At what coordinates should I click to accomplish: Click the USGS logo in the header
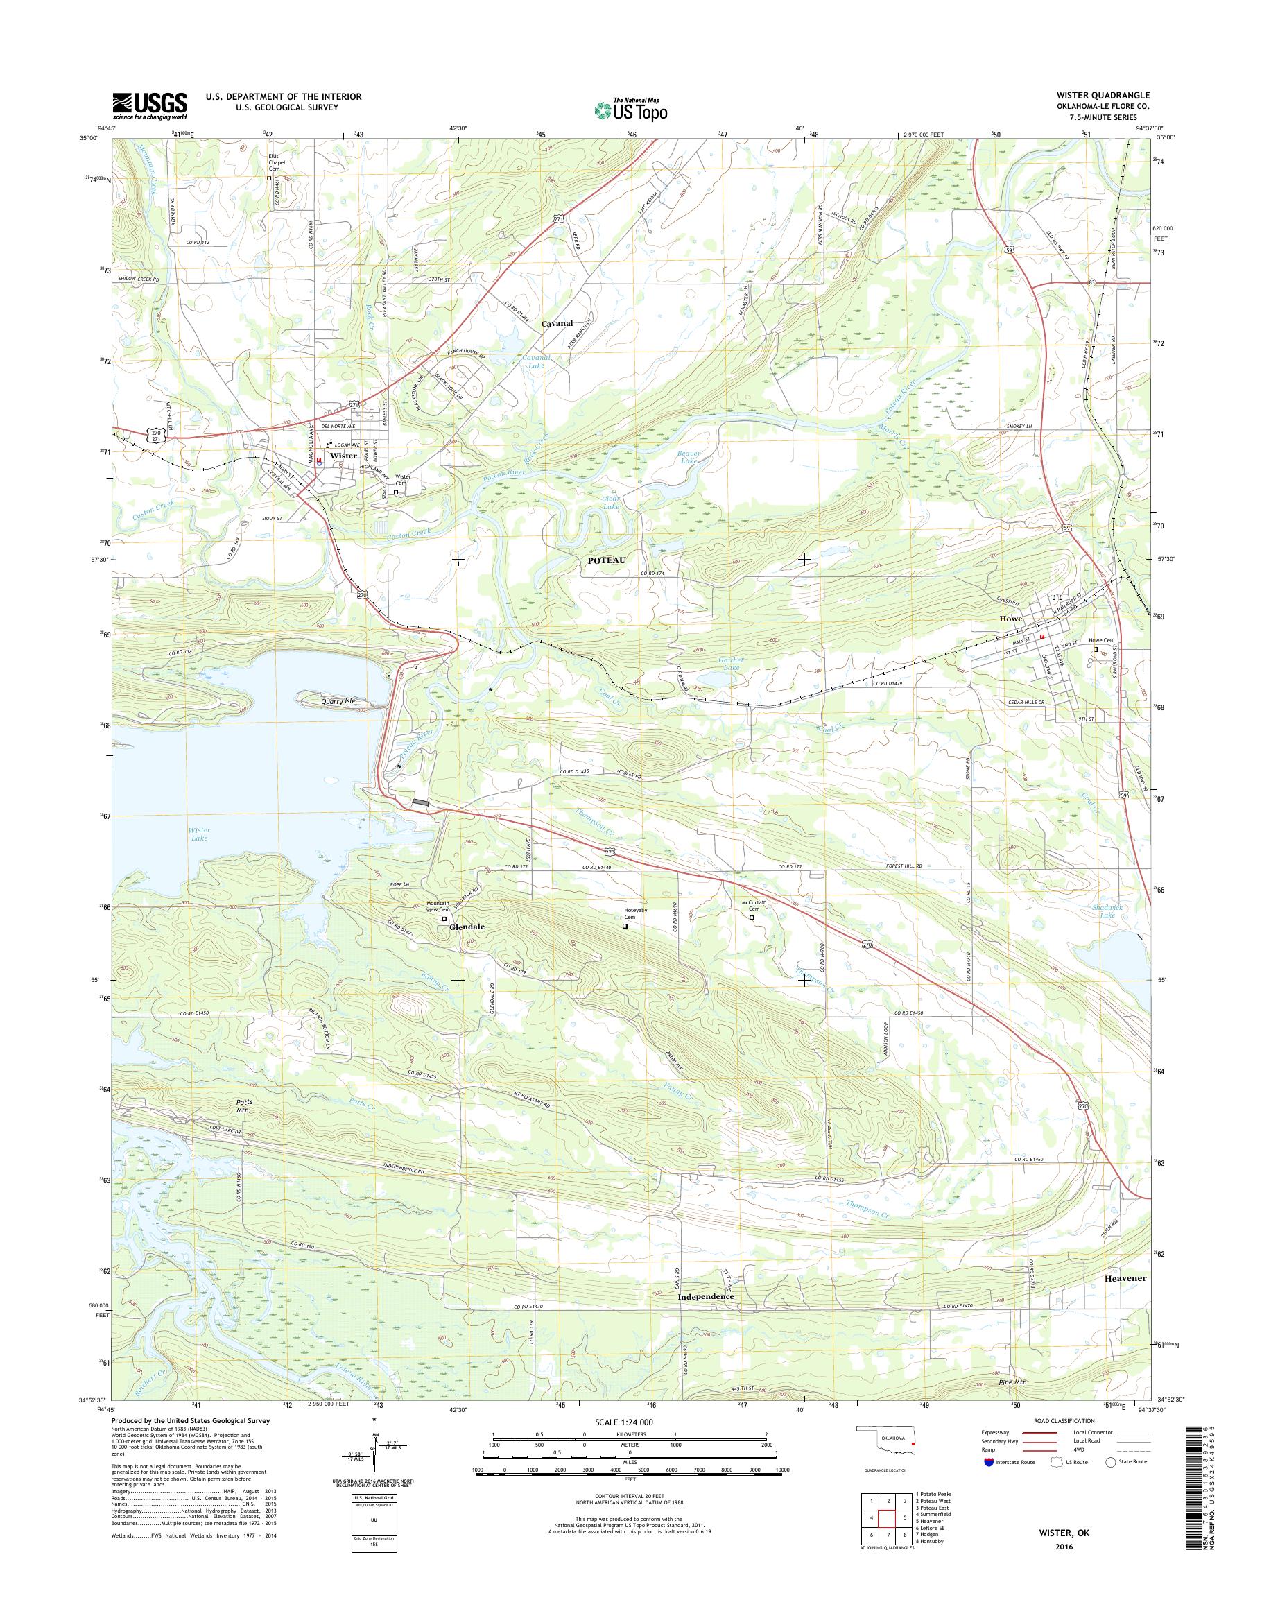(149, 105)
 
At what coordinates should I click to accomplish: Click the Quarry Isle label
(338, 700)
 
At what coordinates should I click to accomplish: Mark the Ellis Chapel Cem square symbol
(269, 178)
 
